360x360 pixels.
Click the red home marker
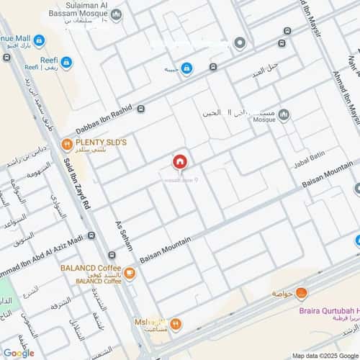179,161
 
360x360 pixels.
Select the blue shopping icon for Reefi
66,63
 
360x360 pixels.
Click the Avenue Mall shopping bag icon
39,41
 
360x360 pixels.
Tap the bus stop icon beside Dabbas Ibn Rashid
140,109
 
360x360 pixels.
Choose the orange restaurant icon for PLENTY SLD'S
66,143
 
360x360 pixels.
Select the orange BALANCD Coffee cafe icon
130,273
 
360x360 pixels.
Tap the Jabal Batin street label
310,161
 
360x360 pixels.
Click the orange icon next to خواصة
301,293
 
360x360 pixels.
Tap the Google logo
19,353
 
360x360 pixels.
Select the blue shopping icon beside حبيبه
186,69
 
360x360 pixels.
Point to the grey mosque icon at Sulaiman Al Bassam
117,14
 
